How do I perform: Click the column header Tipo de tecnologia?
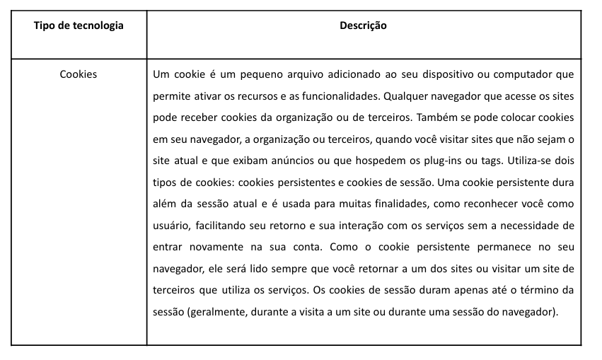(79, 25)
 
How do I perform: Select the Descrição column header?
(363, 25)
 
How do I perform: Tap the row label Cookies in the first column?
(79, 74)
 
